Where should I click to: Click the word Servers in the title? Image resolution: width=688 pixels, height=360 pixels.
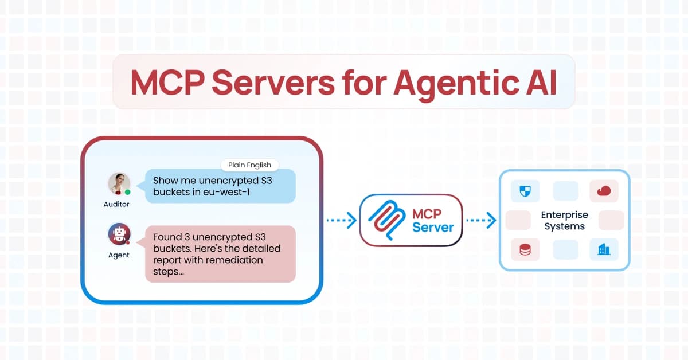[273, 83]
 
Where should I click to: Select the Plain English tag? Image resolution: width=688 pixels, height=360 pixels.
[250, 165]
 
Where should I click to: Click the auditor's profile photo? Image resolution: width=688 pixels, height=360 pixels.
[119, 183]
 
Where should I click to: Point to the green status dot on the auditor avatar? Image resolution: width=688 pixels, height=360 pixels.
[128, 192]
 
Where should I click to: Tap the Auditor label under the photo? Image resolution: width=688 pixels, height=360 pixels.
[116, 204]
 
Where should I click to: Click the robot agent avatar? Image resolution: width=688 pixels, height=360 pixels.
[119, 234]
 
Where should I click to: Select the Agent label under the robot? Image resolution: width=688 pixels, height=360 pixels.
[119, 255]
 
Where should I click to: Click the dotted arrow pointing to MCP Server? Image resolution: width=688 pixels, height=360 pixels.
[342, 220]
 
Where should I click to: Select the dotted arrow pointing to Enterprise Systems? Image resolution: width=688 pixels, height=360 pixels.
[481, 220]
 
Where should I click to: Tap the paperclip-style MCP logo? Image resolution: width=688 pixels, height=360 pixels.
[387, 220]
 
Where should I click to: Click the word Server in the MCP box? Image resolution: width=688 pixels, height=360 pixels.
[433, 228]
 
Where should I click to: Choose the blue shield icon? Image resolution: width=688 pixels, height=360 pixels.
[525, 191]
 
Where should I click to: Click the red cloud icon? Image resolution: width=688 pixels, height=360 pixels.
[604, 191]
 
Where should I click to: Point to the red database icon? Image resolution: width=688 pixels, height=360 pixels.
[525, 250]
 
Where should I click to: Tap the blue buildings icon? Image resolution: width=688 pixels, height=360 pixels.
[604, 249]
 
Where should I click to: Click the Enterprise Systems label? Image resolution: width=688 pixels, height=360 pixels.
[565, 221]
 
